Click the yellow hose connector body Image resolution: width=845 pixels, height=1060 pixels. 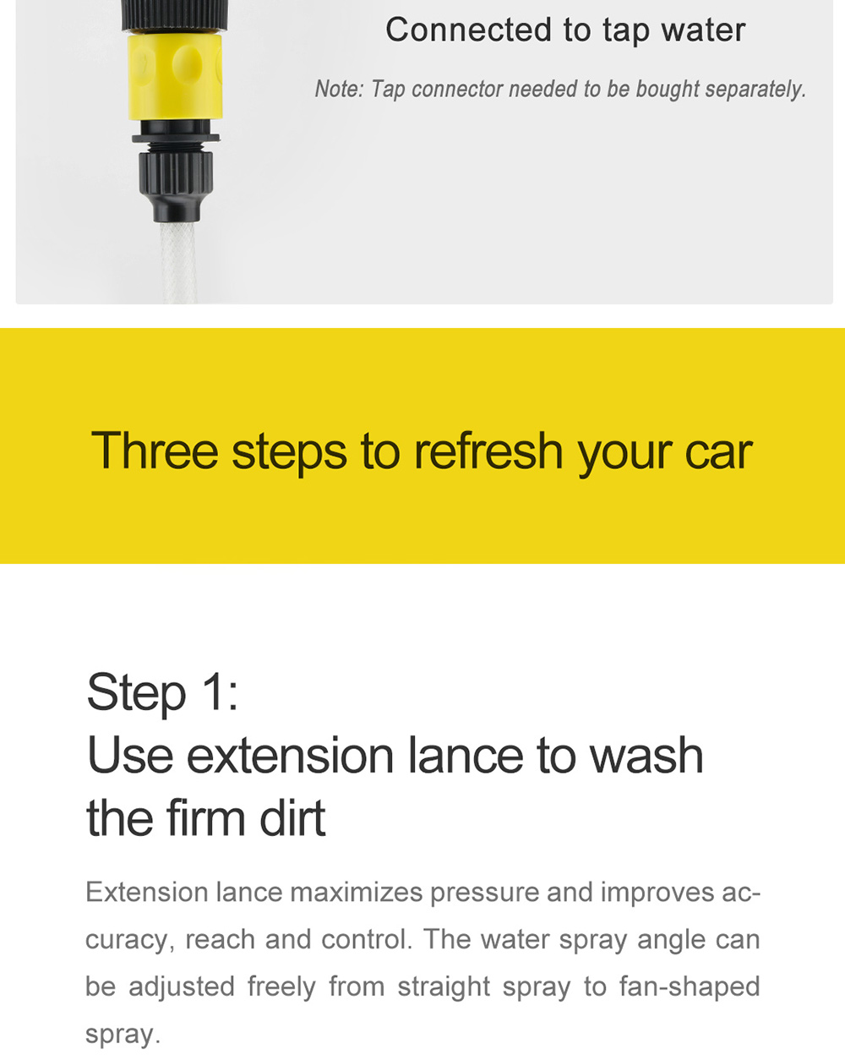(x=175, y=76)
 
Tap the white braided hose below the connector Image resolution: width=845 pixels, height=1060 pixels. (x=177, y=262)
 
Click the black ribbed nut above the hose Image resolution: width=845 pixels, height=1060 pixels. (x=176, y=173)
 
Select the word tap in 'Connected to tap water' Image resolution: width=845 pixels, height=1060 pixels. (x=626, y=31)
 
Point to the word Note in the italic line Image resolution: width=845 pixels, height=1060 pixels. (x=337, y=89)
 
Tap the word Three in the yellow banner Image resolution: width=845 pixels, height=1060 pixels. (x=155, y=451)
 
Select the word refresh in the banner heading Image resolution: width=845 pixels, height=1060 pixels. (x=488, y=451)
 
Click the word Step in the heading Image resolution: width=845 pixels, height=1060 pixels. (x=136, y=694)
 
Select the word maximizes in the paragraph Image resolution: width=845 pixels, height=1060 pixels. (x=356, y=893)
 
